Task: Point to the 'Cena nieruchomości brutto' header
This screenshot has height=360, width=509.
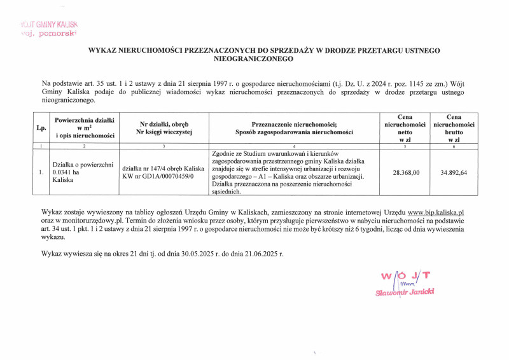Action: (x=454, y=127)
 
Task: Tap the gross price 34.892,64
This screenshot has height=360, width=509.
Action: (x=454, y=172)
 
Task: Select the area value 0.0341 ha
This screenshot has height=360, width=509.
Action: (x=67, y=172)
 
